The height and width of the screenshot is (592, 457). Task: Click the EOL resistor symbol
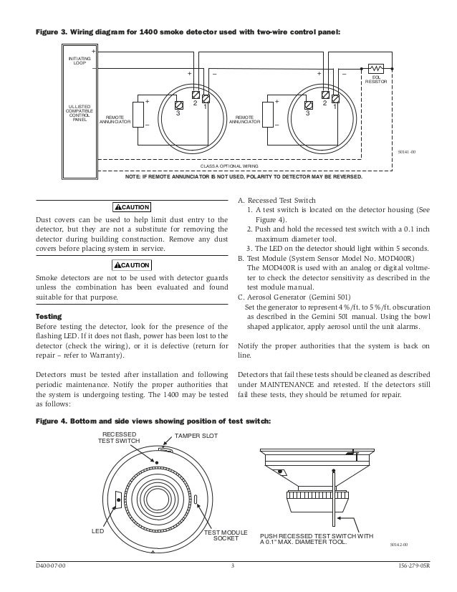tap(375, 69)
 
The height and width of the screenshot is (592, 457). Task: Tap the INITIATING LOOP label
tap(79, 60)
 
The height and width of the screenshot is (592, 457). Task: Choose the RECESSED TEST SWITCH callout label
tap(119, 438)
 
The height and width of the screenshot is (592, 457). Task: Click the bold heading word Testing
tap(49, 316)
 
